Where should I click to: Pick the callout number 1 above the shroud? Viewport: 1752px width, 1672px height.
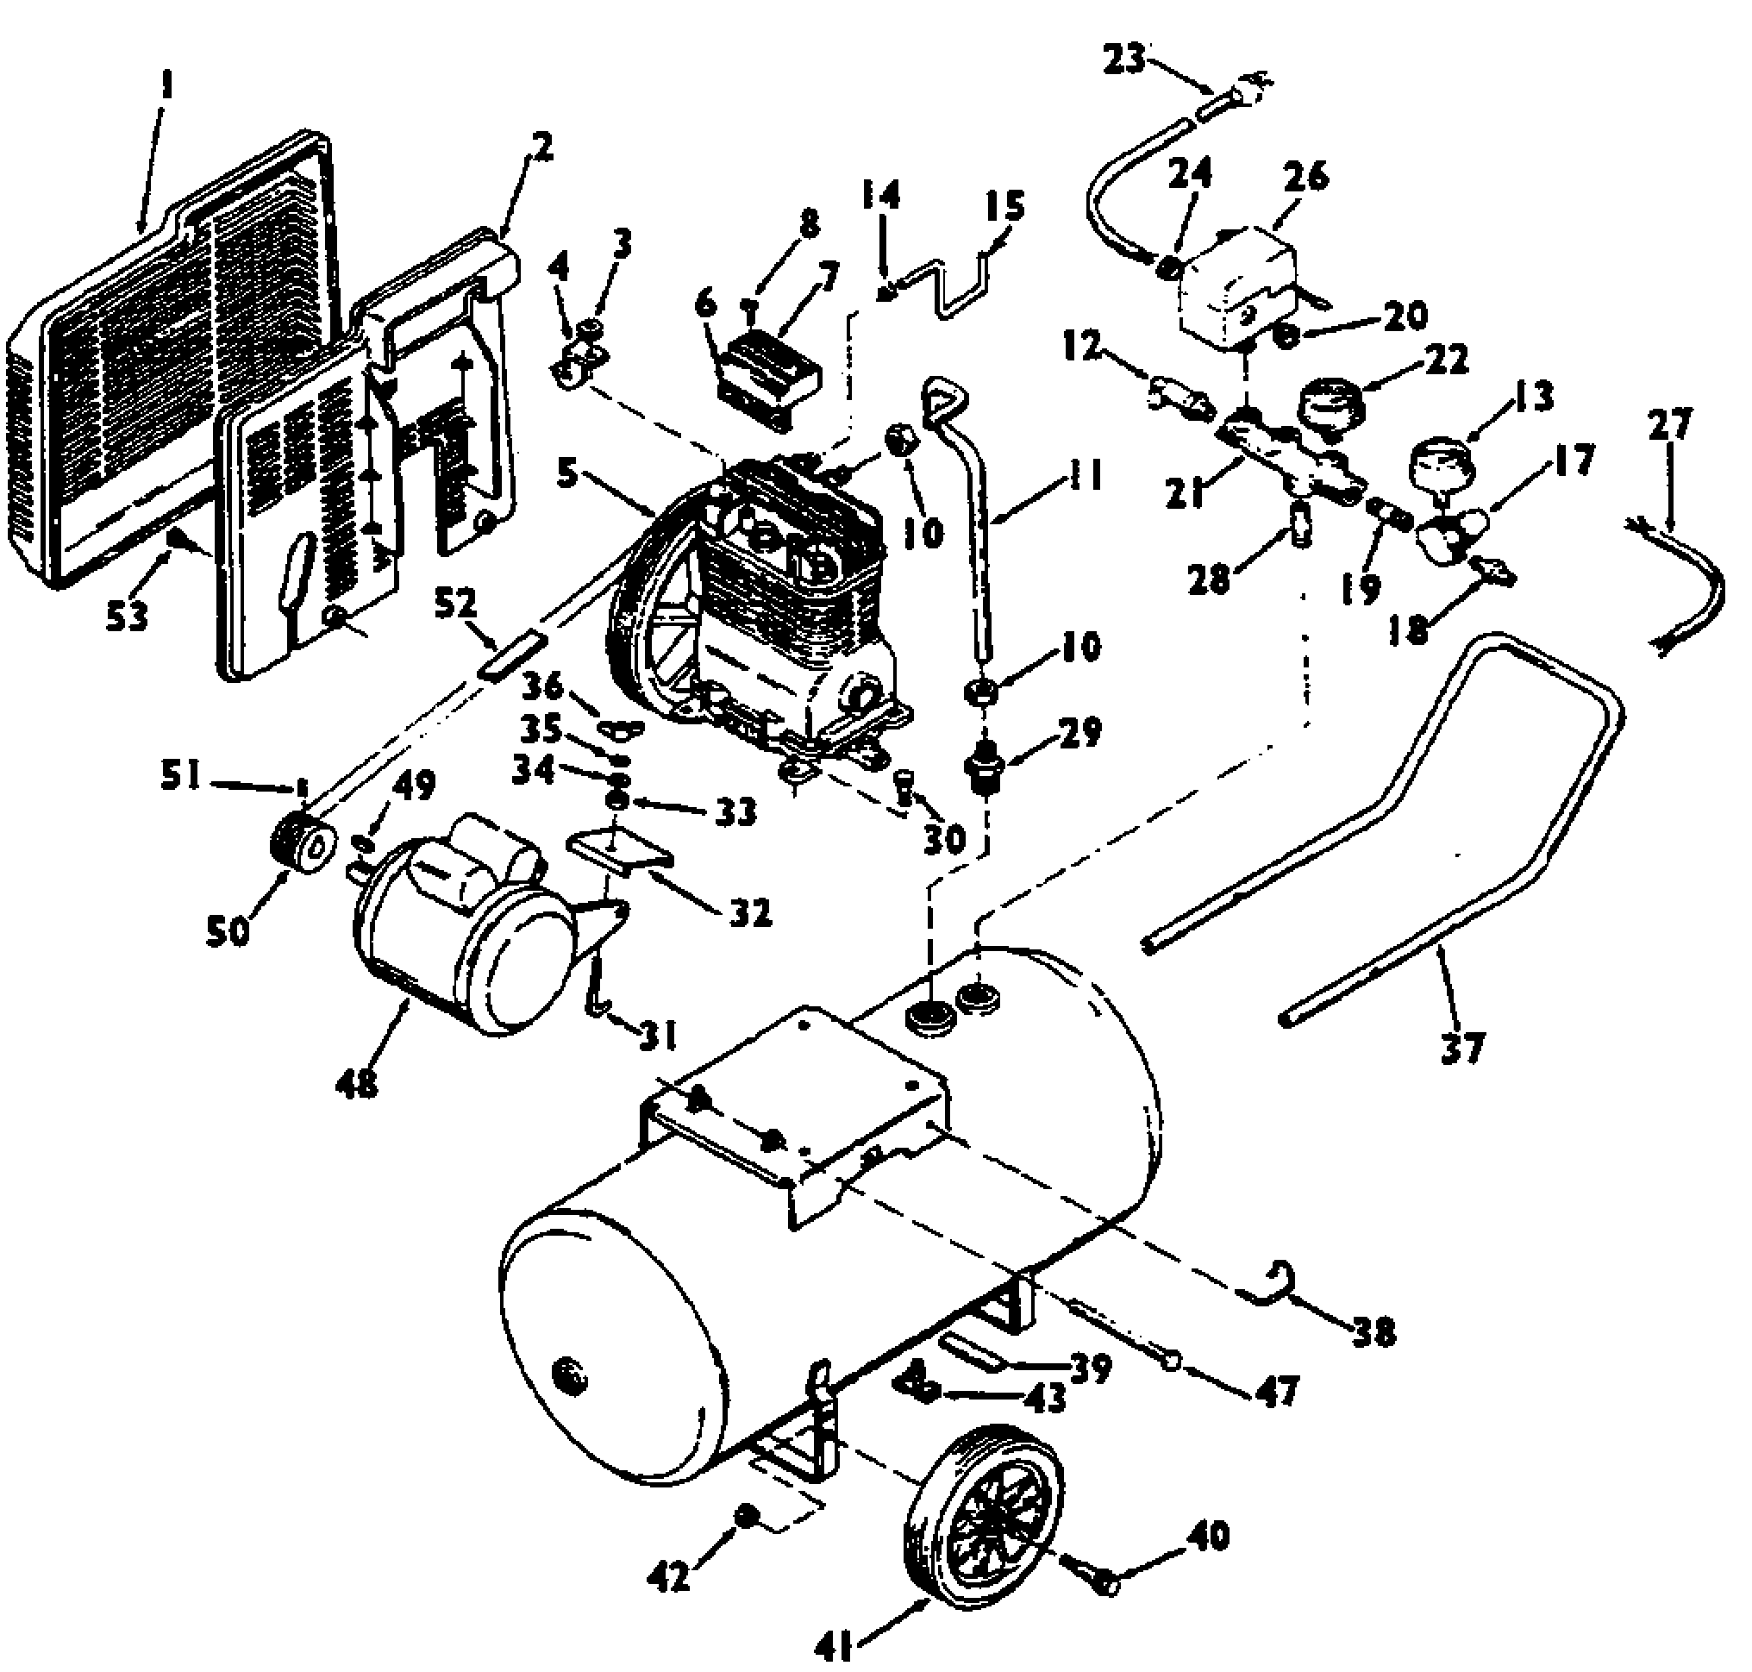[x=166, y=85]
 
